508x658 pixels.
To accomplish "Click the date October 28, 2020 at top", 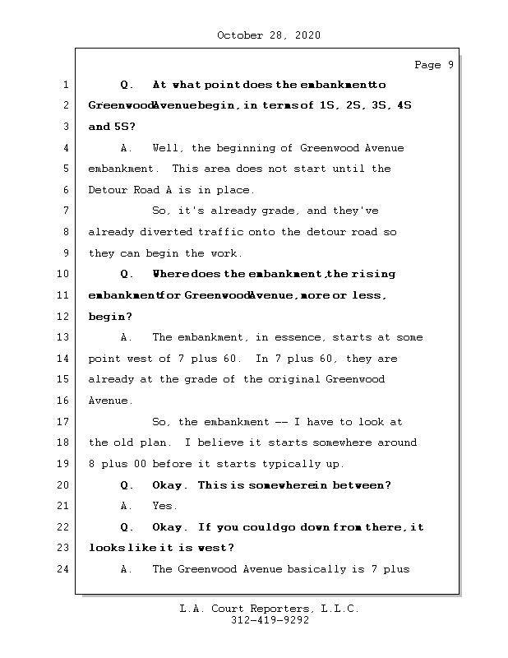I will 268,35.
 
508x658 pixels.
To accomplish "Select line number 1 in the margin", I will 64,85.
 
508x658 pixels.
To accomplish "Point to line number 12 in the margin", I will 64,317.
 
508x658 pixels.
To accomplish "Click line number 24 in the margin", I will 64,569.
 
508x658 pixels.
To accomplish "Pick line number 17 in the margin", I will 64,422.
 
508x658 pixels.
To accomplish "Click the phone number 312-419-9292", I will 270,621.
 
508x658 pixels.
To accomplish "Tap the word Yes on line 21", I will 164,506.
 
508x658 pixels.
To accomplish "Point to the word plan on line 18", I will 169,443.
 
